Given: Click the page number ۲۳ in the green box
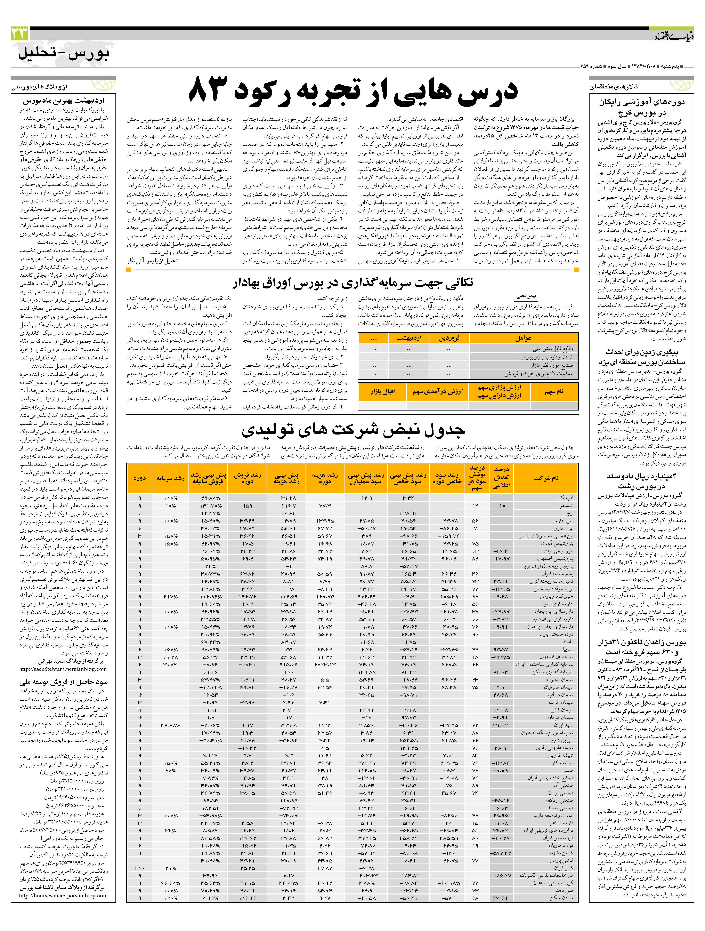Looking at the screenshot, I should coord(20,33).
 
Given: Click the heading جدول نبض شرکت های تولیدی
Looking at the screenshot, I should coord(353,429).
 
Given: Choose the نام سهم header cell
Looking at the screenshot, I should coord(554,391).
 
